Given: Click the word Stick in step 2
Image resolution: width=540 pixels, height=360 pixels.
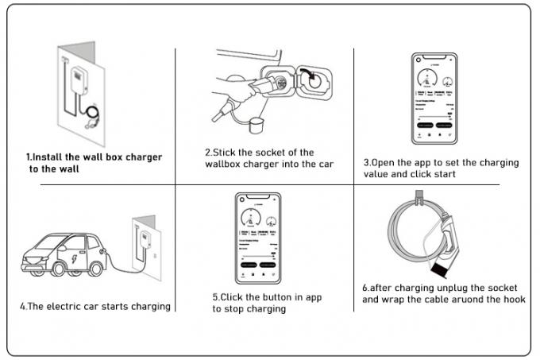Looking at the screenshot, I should pyautogui.click(x=229, y=152).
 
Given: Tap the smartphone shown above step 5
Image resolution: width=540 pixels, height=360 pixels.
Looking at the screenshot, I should pyautogui.click(x=259, y=238).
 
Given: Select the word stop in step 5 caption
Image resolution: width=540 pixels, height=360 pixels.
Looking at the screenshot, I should pyautogui.click(x=234, y=308).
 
